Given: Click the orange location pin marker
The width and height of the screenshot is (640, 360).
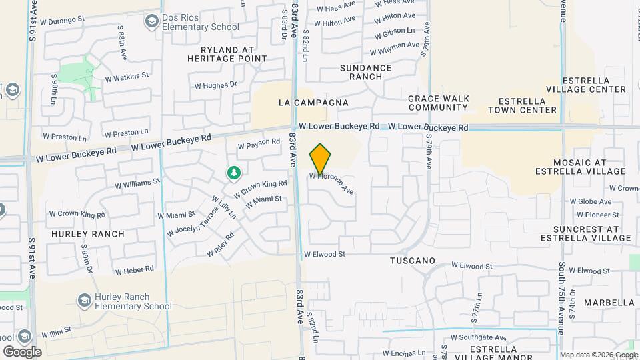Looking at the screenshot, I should [321, 159].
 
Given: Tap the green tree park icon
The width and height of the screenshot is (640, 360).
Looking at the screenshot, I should [233, 173].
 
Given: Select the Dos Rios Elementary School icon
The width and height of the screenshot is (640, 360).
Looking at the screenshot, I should [151, 23].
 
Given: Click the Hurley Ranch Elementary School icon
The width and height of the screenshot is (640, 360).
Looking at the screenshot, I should [85, 301].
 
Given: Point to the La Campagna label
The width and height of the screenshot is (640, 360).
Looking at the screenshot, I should [313, 103].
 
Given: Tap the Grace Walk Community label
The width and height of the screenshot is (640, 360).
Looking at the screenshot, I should [438, 103].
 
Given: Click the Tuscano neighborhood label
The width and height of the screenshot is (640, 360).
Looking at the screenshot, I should [412, 261].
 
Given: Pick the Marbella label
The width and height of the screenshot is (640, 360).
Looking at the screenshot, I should [609, 303].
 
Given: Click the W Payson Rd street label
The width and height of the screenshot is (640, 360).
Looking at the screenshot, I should [259, 143].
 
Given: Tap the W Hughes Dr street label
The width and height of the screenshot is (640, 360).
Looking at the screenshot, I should [215, 85].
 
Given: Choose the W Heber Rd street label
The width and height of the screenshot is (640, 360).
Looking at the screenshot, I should [134, 270].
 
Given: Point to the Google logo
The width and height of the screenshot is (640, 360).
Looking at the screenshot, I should [23, 351].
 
